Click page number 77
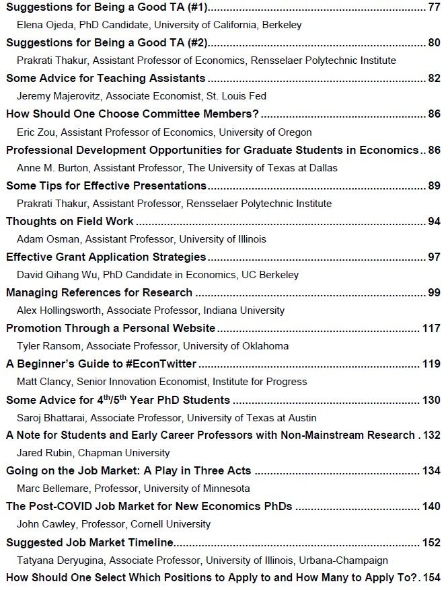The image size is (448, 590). (x=434, y=7)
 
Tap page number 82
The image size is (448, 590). (x=434, y=79)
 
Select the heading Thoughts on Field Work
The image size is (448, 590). (x=70, y=221)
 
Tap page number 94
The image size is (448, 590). (x=434, y=221)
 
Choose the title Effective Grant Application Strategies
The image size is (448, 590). (x=106, y=257)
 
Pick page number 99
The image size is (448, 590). (x=434, y=292)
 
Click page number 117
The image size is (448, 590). (x=431, y=328)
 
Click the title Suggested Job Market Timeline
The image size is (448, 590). (x=89, y=542)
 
